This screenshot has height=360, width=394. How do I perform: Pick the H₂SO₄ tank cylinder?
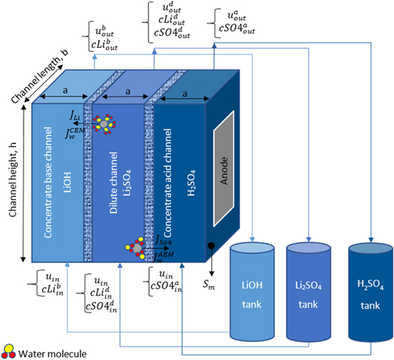click(x=370, y=293)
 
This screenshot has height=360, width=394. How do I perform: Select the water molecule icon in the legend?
click(x=10, y=351)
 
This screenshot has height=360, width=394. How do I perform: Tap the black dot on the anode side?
click(x=211, y=248)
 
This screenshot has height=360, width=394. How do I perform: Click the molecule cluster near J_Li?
click(x=104, y=125)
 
